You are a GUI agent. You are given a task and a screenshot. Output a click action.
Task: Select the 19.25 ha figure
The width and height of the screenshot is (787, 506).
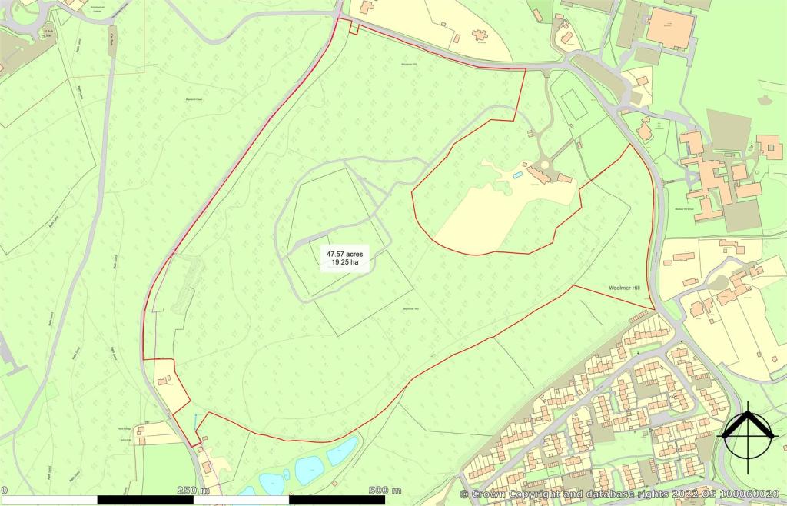coord(345,263)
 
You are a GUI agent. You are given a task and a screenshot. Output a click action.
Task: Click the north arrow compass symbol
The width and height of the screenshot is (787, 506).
coord(746,436)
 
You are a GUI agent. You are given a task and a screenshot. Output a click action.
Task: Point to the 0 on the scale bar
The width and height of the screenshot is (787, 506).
coord(4,491)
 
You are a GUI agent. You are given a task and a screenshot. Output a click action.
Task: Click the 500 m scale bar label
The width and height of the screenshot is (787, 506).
coord(384,491)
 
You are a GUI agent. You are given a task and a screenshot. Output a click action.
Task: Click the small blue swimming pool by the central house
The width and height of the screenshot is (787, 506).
coord(514,178)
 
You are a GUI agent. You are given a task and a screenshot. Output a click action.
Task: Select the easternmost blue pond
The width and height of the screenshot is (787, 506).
coord(343,451)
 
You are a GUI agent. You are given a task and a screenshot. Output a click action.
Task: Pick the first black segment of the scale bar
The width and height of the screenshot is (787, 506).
coord(145,500)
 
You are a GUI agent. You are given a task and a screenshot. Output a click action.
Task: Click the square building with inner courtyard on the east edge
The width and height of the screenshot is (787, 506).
coord(769,146)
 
